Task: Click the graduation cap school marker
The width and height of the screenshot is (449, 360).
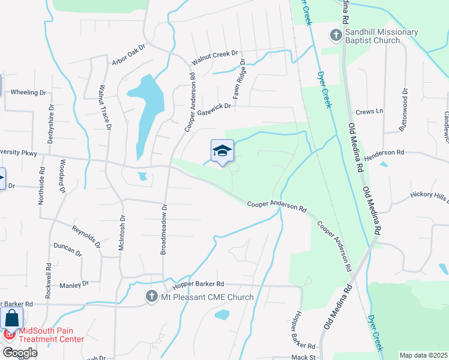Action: [x=222, y=151]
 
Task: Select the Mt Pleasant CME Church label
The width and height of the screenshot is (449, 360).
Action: [x=206, y=297]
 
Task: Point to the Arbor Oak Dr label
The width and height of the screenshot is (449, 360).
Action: [x=128, y=55]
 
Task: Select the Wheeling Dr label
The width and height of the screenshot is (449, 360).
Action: [x=29, y=92]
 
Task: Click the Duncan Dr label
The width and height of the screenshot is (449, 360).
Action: [x=67, y=249]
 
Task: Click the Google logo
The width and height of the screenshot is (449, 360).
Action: [x=20, y=353]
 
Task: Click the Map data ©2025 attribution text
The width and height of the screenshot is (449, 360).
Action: [x=424, y=355]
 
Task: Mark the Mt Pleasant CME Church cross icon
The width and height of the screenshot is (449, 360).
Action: [x=152, y=296]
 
